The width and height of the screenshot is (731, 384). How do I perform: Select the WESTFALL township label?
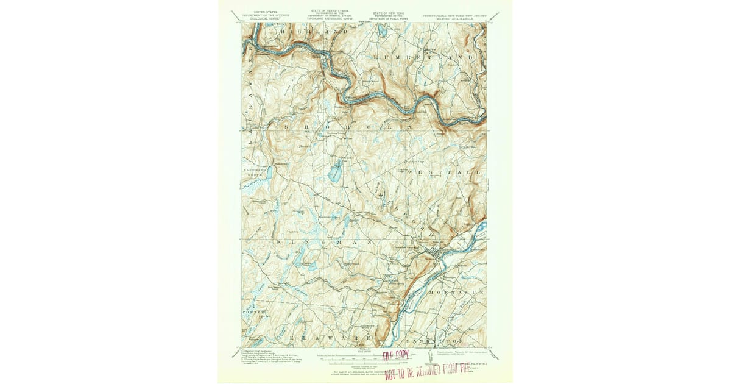coord(443,172)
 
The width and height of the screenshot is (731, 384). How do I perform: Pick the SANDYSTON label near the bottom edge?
coord(435,339)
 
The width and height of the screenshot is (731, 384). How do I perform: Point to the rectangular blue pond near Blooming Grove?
coord(269,173)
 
